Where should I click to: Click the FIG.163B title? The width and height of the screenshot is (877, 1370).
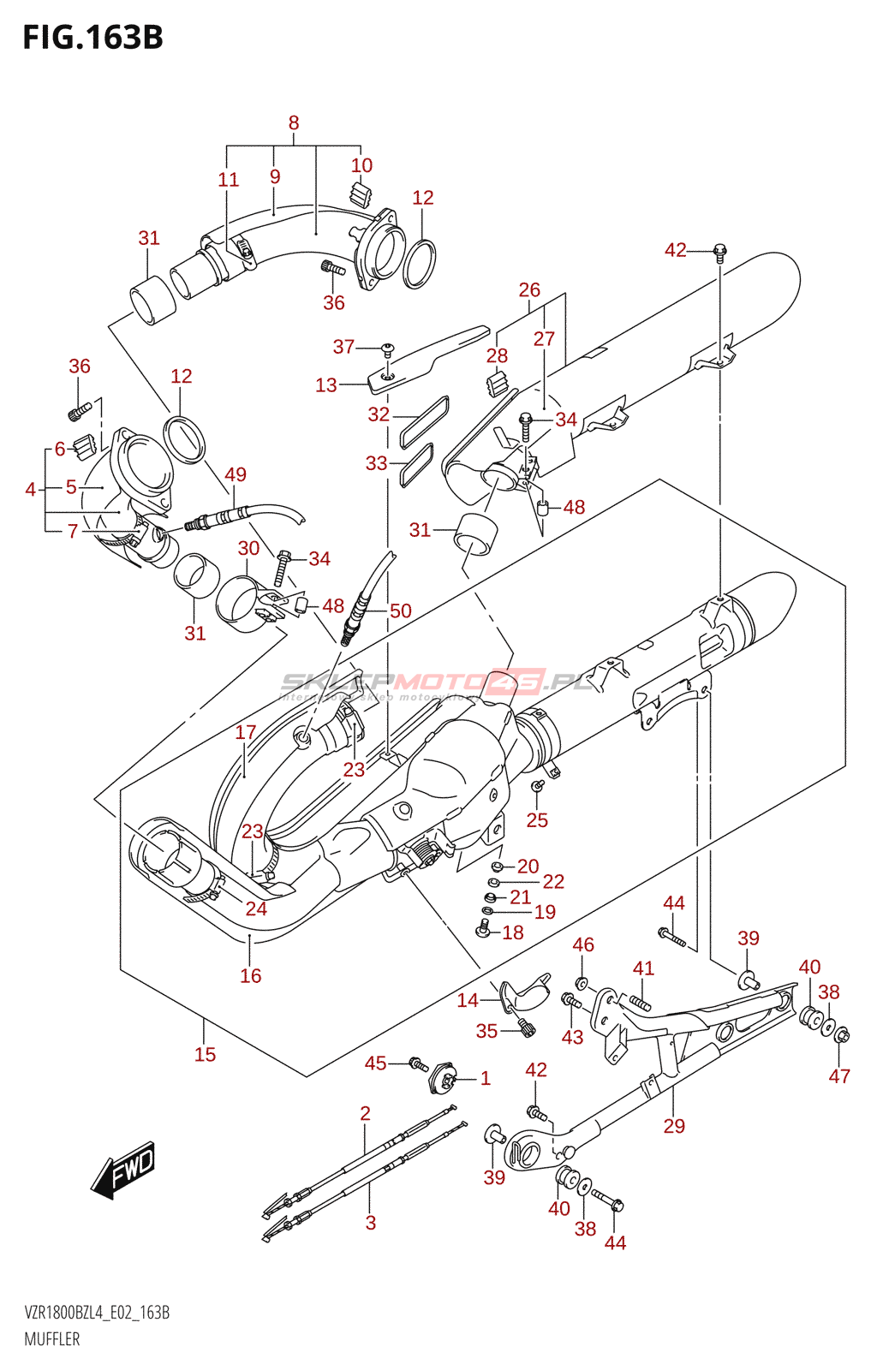click(92, 38)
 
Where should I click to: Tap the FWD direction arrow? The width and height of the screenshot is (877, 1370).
click(124, 1169)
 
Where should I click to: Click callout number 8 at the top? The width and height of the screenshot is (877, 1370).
click(294, 123)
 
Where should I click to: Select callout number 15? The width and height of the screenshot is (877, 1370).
click(205, 1055)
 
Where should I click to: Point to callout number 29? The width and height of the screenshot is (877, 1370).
click(674, 1126)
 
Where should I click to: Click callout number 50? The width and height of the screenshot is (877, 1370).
click(401, 611)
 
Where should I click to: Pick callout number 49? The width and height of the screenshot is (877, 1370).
click(236, 475)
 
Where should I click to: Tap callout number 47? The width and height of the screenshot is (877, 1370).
click(839, 1076)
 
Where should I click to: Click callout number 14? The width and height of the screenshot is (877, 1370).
click(468, 1000)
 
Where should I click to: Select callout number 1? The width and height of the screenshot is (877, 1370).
click(486, 1079)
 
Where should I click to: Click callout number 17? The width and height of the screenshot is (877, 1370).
click(246, 733)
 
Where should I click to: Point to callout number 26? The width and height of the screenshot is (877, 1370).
click(529, 290)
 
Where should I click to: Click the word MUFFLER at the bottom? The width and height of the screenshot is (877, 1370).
click(52, 1339)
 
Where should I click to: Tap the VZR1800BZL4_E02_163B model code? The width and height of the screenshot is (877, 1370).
click(97, 1313)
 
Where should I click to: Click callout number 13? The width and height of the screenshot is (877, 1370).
click(326, 385)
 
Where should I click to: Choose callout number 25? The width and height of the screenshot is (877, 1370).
click(537, 820)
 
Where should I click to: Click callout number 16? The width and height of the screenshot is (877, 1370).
click(250, 976)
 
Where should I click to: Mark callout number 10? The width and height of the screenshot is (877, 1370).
click(361, 165)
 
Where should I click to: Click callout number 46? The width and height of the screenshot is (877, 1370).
click(583, 944)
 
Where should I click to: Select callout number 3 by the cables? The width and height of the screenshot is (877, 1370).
click(371, 1223)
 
